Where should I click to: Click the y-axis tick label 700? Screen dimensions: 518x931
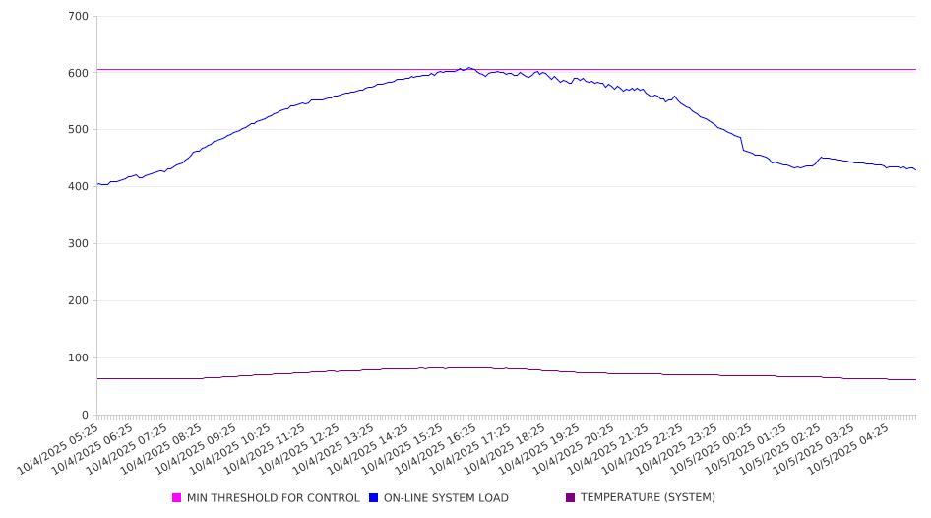tap(79, 17)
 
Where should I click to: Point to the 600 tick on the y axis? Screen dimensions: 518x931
tap(79, 73)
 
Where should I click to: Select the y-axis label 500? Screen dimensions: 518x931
tap(79, 130)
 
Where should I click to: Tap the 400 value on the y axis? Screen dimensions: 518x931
tap(79, 187)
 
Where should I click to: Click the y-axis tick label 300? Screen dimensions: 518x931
tap(79, 244)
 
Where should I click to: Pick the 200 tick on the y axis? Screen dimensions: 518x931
tap(79, 301)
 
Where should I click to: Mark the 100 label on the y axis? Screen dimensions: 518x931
tap(79, 358)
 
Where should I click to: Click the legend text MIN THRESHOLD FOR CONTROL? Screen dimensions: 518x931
tap(273, 498)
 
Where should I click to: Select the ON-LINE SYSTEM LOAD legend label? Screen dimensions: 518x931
tap(446, 498)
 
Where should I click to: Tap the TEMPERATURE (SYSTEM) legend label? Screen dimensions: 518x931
tap(648, 498)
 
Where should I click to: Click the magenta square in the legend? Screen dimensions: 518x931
tap(177, 498)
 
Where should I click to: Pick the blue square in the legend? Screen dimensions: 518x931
tap(374, 498)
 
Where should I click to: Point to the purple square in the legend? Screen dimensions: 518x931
tap(571, 498)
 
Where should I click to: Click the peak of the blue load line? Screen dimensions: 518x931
tap(469, 68)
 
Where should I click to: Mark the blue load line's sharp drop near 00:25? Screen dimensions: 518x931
tap(742, 144)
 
